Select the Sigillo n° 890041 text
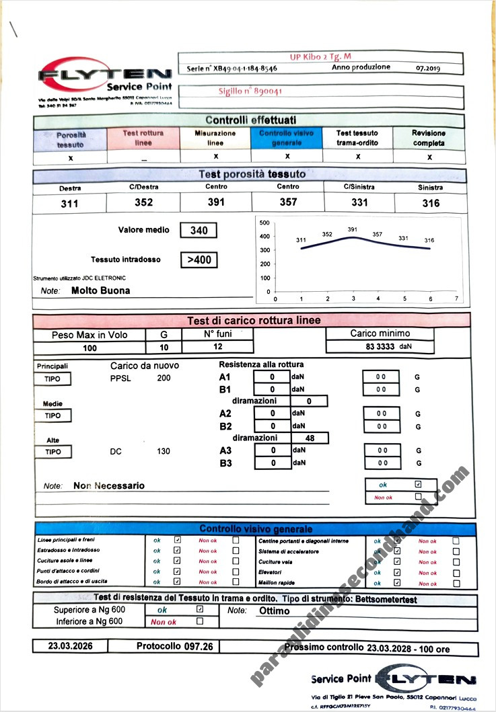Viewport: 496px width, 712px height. (x=250, y=91)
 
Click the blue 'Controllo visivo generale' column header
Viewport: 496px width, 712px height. (x=287, y=138)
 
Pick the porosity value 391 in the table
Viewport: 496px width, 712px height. (x=215, y=202)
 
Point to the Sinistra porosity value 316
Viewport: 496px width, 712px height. (x=430, y=203)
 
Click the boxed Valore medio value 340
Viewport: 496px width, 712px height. (x=199, y=231)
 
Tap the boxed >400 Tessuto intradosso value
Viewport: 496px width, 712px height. (x=199, y=260)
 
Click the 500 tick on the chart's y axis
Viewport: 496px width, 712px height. (x=264, y=223)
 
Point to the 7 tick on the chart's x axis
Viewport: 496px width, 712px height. (x=456, y=299)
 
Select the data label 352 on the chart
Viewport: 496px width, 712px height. (x=327, y=234)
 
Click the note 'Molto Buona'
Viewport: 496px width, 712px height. (x=100, y=290)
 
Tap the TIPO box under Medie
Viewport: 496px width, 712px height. (x=52, y=416)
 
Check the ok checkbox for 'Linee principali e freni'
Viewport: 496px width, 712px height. (x=177, y=539)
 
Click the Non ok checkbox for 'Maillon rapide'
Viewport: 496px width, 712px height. (x=456, y=582)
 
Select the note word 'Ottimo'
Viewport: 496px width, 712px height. (x=274, y=611)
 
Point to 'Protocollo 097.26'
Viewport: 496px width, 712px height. (x=174, y=645)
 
